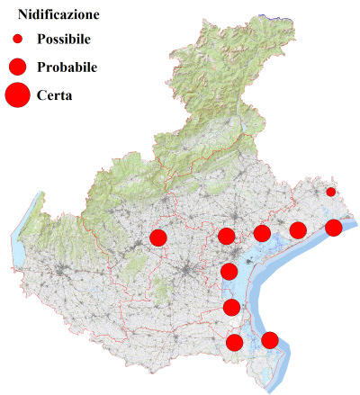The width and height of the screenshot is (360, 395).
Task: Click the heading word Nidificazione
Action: click(58, 15)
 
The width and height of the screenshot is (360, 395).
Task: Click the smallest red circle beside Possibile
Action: click(17, 40)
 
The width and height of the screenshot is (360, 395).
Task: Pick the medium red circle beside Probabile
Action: click(17, 67)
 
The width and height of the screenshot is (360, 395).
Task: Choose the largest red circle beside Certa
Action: click(18, 94)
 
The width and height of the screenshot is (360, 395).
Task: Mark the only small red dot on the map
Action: click(330, 192)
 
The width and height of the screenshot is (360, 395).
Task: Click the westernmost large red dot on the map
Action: click(158, 238)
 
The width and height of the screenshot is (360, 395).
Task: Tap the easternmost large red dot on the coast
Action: click(333, 228)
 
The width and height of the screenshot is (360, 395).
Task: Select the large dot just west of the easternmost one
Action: click(297, 231)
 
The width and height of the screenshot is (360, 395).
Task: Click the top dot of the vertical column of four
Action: click(226, 237)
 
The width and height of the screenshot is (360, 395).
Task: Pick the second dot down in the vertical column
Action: click(229, 272)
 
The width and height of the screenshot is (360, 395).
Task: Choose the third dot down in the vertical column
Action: click(231, 308)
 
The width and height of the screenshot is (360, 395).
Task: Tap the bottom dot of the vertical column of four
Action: click(235, 342)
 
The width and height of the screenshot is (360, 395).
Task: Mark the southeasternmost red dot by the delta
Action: click(269, 339)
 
